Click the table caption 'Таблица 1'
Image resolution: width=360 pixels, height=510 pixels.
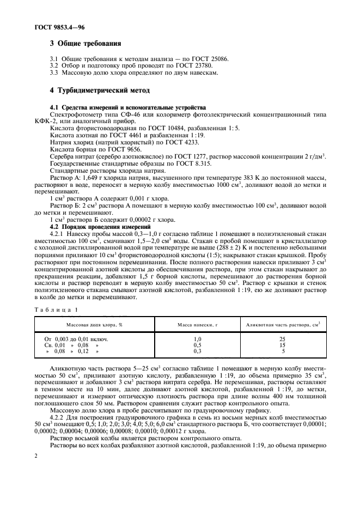pyautogui.click(x=56, y=309)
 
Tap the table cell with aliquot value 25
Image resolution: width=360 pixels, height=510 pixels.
pyautogui.click(x=282, y=339)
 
